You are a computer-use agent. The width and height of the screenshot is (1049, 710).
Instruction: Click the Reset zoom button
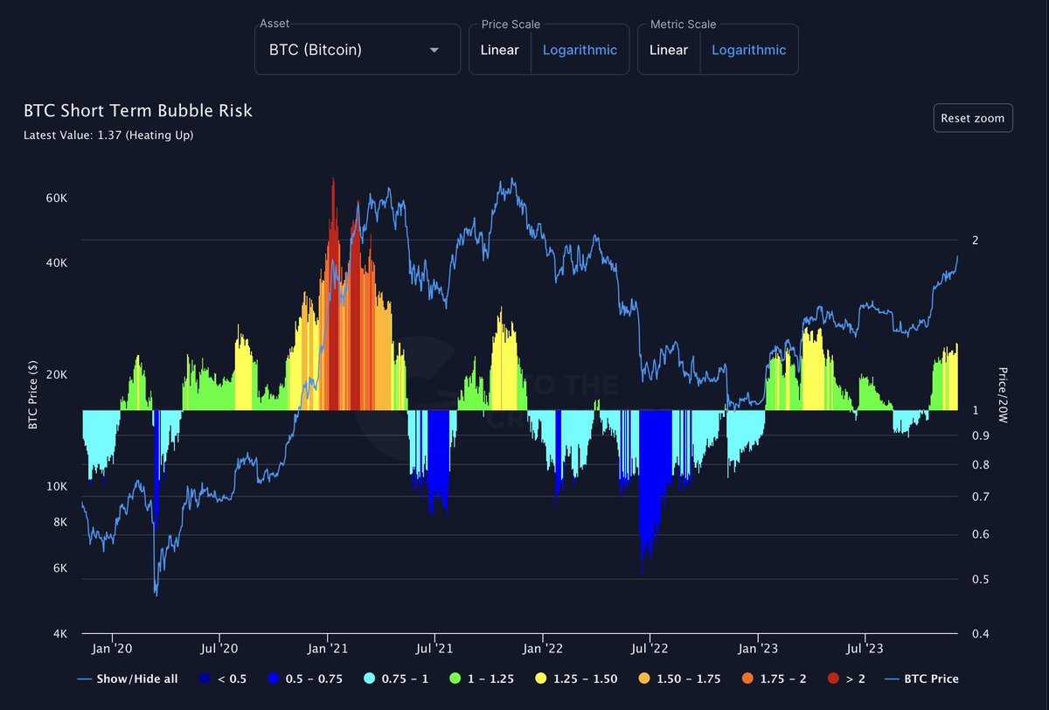coord(972,118)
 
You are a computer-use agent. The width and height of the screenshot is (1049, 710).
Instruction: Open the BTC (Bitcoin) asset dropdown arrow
coord(434,50)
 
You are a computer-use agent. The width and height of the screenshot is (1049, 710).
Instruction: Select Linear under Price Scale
coord(499,50)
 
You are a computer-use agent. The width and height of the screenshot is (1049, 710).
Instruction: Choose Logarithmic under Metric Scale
coord(748,50)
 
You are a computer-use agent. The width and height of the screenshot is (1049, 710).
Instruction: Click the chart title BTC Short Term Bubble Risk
coord(137,111)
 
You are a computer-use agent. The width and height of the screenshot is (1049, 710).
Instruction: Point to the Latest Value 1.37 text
coord(108,135)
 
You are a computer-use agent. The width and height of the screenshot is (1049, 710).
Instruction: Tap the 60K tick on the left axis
coord(57,198)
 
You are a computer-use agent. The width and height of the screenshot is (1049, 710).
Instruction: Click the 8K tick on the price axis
coord(60,523)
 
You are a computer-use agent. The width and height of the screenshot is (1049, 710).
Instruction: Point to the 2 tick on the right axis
coord(975,240)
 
